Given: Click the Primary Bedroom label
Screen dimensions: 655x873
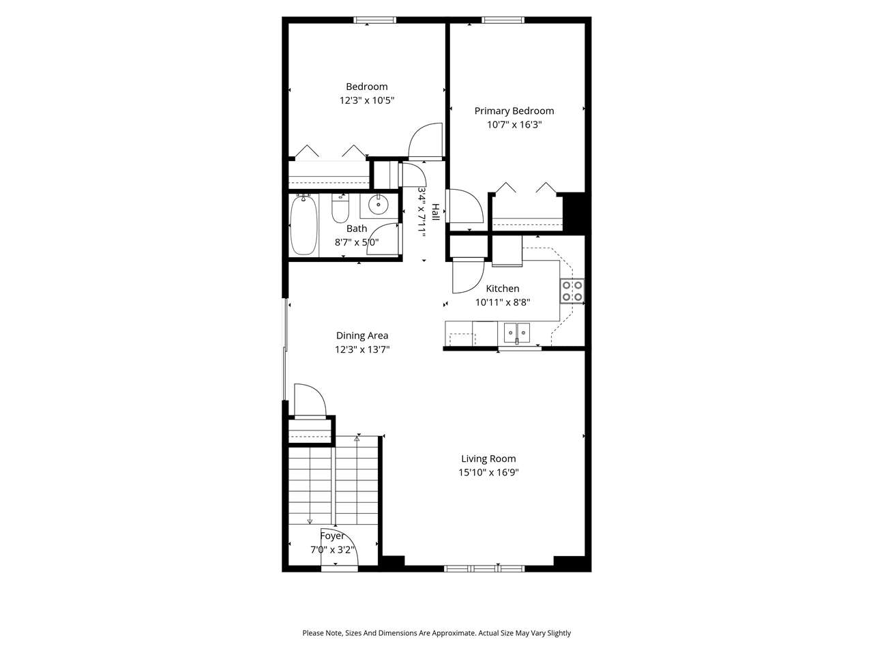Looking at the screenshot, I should tap(514, 111).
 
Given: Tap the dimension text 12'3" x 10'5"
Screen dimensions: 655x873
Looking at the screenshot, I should tap(367, 100).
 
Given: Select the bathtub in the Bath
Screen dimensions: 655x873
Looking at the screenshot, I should tap(304, 225).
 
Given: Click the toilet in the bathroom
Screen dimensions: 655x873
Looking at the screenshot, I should tap(340, 209).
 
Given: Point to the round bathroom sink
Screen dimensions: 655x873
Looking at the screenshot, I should tap(379, 204).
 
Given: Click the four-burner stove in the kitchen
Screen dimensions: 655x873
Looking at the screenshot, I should tap(572, 291).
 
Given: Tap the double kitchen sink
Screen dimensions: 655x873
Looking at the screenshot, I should tap(517, 332).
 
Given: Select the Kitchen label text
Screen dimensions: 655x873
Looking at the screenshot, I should tap(502, 289).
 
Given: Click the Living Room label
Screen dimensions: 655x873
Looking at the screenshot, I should tap(488, 458).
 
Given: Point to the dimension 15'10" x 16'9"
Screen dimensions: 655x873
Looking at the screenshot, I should tap(488, 472).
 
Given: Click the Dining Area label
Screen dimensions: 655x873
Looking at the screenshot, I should tap(362, 335).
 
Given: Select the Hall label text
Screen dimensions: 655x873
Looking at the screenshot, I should tap(435, 210).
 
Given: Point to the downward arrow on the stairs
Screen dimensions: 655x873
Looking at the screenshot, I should tap(310, 521).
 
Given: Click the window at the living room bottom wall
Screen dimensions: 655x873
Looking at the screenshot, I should tap(484, 568).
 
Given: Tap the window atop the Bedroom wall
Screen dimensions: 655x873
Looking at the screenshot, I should tap(375, 20).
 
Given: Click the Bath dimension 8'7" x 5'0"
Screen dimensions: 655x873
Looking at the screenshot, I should tap(356, 242).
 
